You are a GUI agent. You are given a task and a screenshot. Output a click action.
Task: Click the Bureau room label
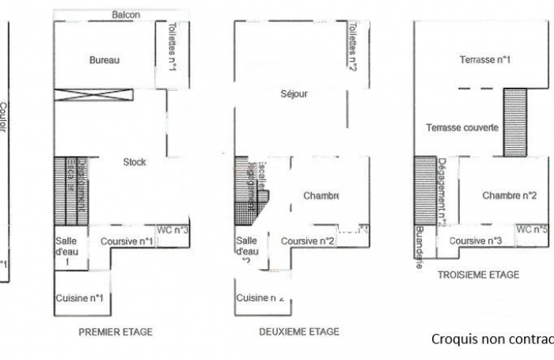(x=104, y=60)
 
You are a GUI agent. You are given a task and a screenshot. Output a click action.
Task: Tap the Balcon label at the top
(x=127, y=15)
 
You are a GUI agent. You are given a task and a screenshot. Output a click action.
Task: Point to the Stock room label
(x=135, y=162)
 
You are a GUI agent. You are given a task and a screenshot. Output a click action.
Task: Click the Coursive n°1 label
(x=126, y=241)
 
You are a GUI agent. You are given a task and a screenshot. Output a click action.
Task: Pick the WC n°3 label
(x=173, y=229)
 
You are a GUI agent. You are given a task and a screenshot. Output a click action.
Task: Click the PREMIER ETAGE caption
(x=116, y=332)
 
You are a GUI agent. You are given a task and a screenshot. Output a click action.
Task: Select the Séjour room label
(x=294, y=94)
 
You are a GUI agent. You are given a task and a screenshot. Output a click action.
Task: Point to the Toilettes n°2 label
(x=353, y=46)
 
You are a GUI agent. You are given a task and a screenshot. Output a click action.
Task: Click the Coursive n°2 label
(x=308, y=241)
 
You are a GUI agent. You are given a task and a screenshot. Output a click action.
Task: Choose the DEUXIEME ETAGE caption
(x=299, y=332)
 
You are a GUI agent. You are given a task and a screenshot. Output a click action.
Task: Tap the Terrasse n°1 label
(x=485, y=59)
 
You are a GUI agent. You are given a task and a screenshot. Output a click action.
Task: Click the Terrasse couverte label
(x=461, y=128)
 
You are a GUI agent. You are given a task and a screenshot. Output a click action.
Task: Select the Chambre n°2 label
(x=510, y=195)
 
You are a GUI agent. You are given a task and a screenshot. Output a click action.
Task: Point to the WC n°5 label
(x=532, y=229)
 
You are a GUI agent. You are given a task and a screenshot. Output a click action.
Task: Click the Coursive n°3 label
(x=476, y=241)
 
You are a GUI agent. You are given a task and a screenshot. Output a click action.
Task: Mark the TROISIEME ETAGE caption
(x=478, y=275)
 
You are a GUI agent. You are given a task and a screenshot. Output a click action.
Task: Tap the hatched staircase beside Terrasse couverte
(x=515, y=116)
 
